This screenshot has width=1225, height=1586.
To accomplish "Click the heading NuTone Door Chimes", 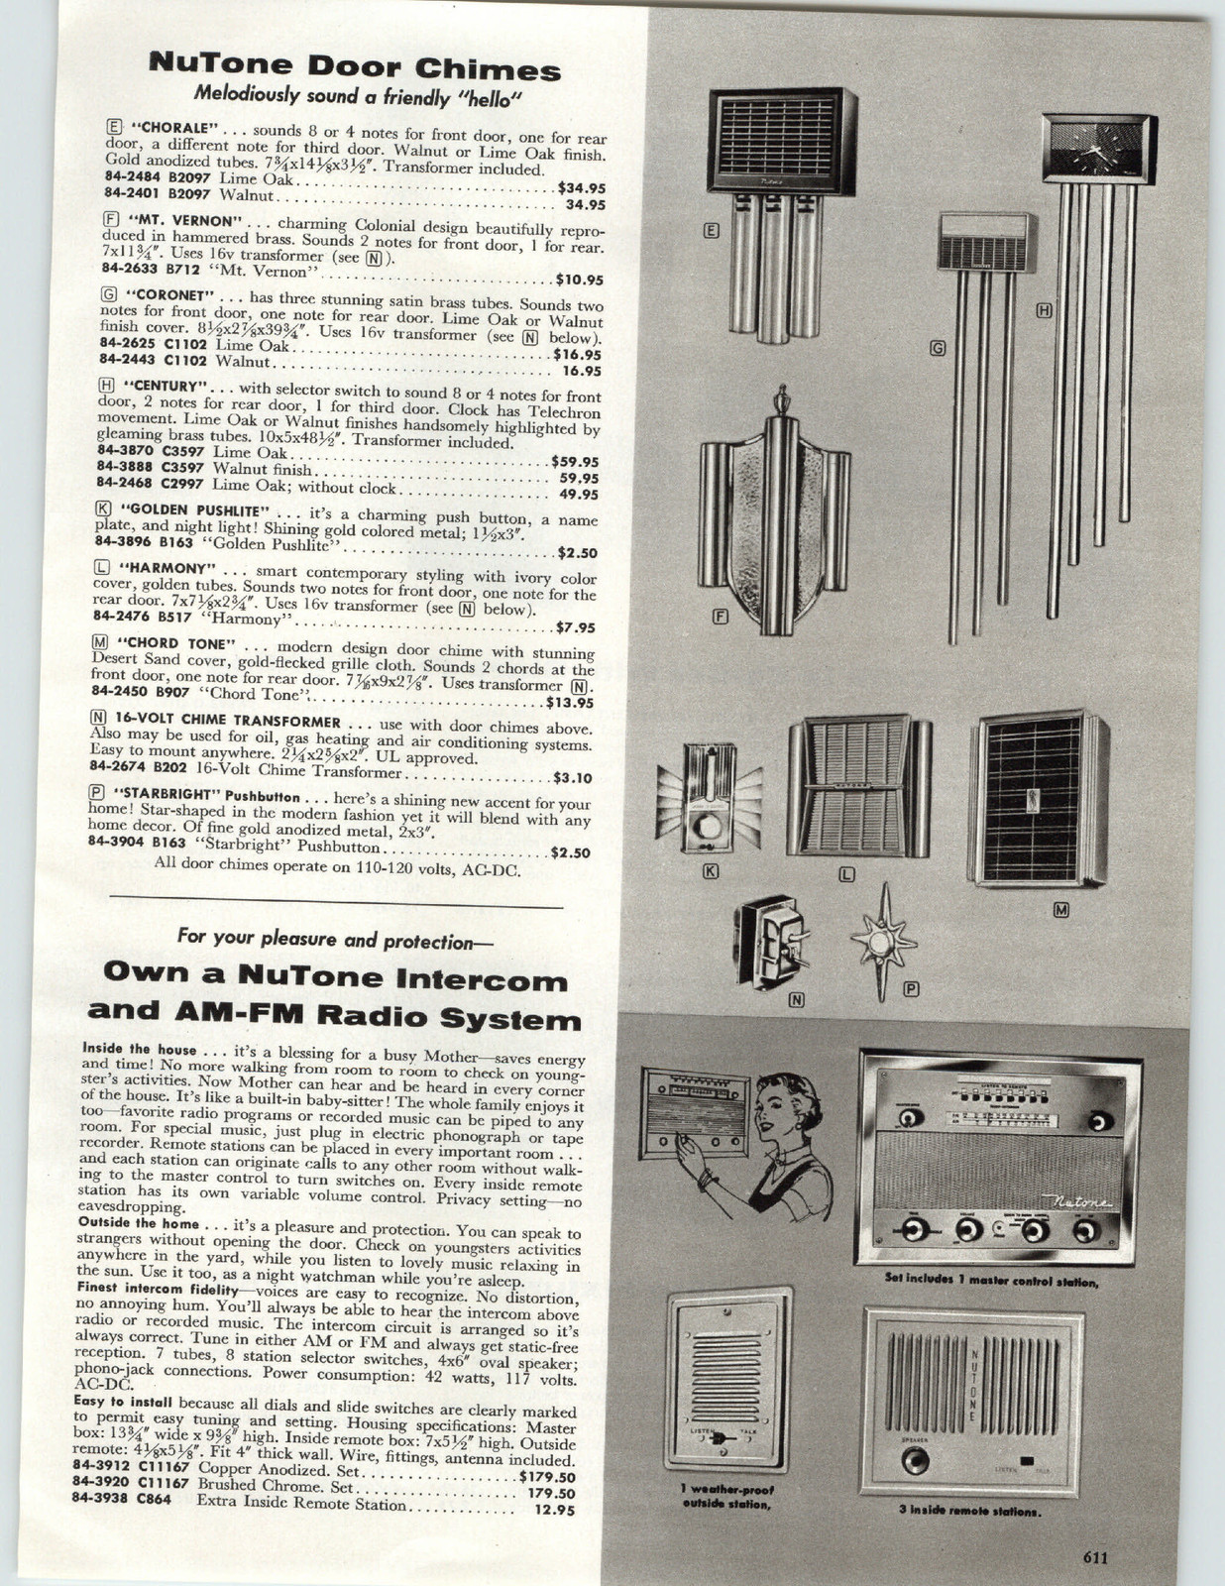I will coord(354,68).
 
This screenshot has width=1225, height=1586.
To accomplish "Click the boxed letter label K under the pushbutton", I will coord(710,871).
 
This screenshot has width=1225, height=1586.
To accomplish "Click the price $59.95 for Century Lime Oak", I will coord(574,462).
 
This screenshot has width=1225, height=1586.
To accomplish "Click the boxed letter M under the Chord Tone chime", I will coord(1060,910).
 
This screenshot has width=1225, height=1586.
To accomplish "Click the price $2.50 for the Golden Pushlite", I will coord(574,554).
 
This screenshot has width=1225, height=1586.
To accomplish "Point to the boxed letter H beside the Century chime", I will coord(1044,310).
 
